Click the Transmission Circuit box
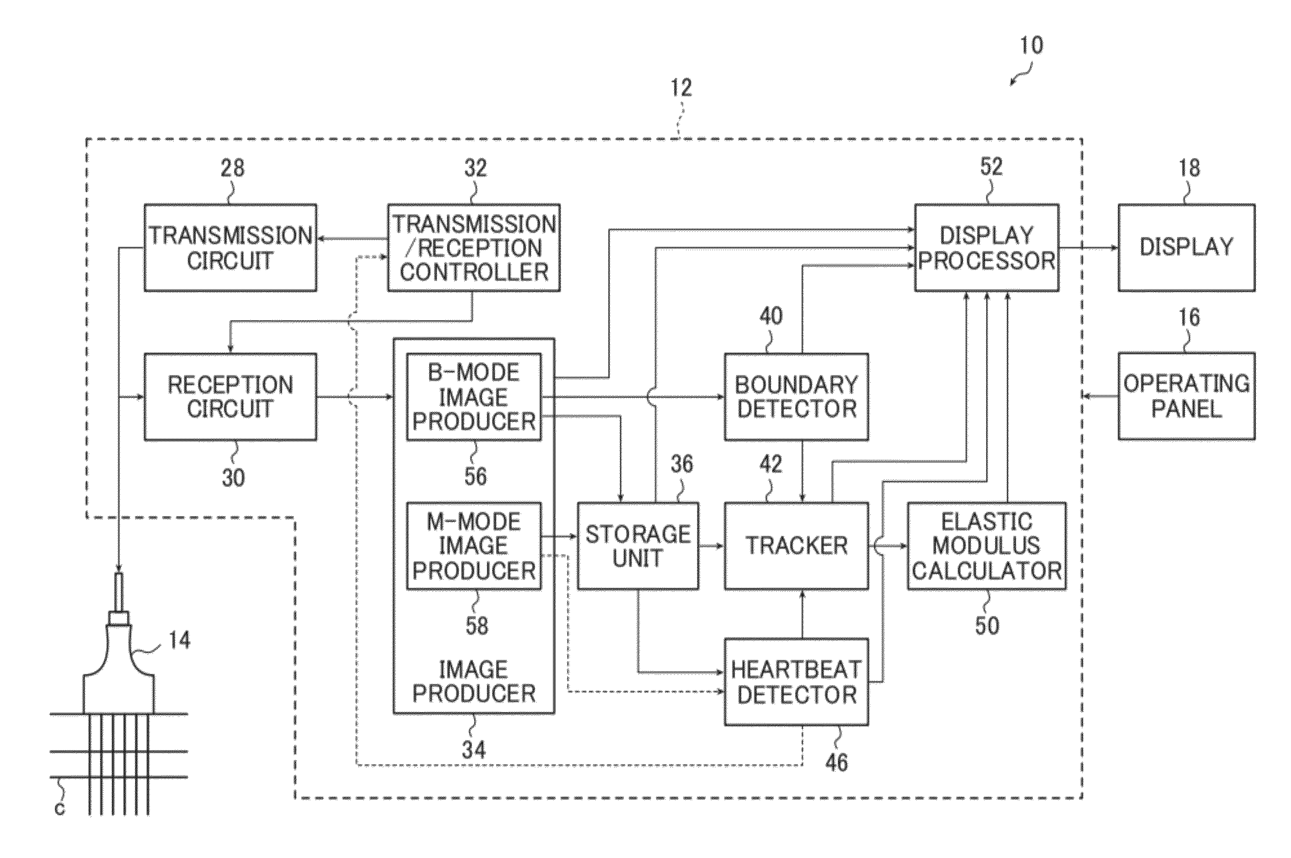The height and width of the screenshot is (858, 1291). point(230,247)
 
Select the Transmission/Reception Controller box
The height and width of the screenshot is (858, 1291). point(473,247)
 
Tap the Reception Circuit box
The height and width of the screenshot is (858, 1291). point(230,397)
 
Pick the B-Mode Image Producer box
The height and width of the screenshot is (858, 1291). point(473,397)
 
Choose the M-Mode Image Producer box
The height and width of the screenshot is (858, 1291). point(473,546)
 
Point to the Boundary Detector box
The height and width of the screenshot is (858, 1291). point(796,397)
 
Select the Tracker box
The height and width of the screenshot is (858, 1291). point(796,546)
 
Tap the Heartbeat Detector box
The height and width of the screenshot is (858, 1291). point(796,682)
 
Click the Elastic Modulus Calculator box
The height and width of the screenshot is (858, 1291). point(987,546)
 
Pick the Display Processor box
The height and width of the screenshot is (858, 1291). point(987,247)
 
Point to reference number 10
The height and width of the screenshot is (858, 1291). point(1031,45)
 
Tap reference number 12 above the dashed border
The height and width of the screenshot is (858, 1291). point(681,88)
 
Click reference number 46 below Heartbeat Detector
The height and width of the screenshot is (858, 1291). point(837,762)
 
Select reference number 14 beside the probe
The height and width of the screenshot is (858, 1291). point(179,640)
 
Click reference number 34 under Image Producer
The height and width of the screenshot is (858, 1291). point(474,750)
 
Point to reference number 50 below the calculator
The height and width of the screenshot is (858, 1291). point(987,625)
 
